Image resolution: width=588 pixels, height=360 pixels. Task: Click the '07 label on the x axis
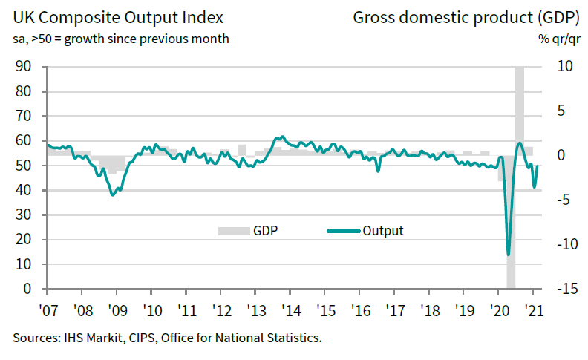click(48, 310)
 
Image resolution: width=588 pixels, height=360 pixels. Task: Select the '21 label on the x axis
click(532, 310)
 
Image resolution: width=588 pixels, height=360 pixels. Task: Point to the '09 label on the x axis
click(117, 310)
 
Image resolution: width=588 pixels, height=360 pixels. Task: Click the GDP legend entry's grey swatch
click(232, 231)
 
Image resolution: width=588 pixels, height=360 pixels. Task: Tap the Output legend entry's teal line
click(342, 231)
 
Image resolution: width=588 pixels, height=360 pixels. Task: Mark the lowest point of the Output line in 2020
click(509, 255)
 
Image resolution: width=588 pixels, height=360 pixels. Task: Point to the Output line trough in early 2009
click(113, 194)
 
